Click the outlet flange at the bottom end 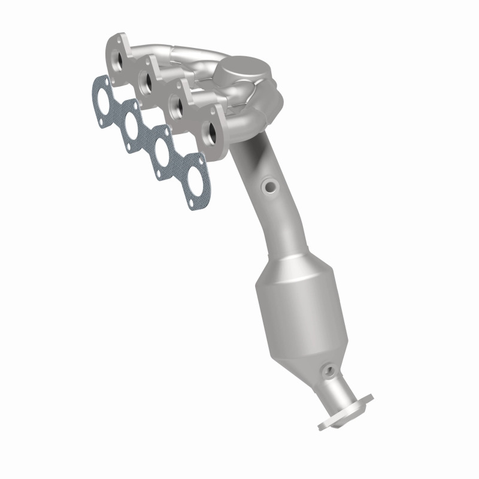click(x=345, y=411)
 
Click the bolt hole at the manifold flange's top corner click(x=111, y=43)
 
